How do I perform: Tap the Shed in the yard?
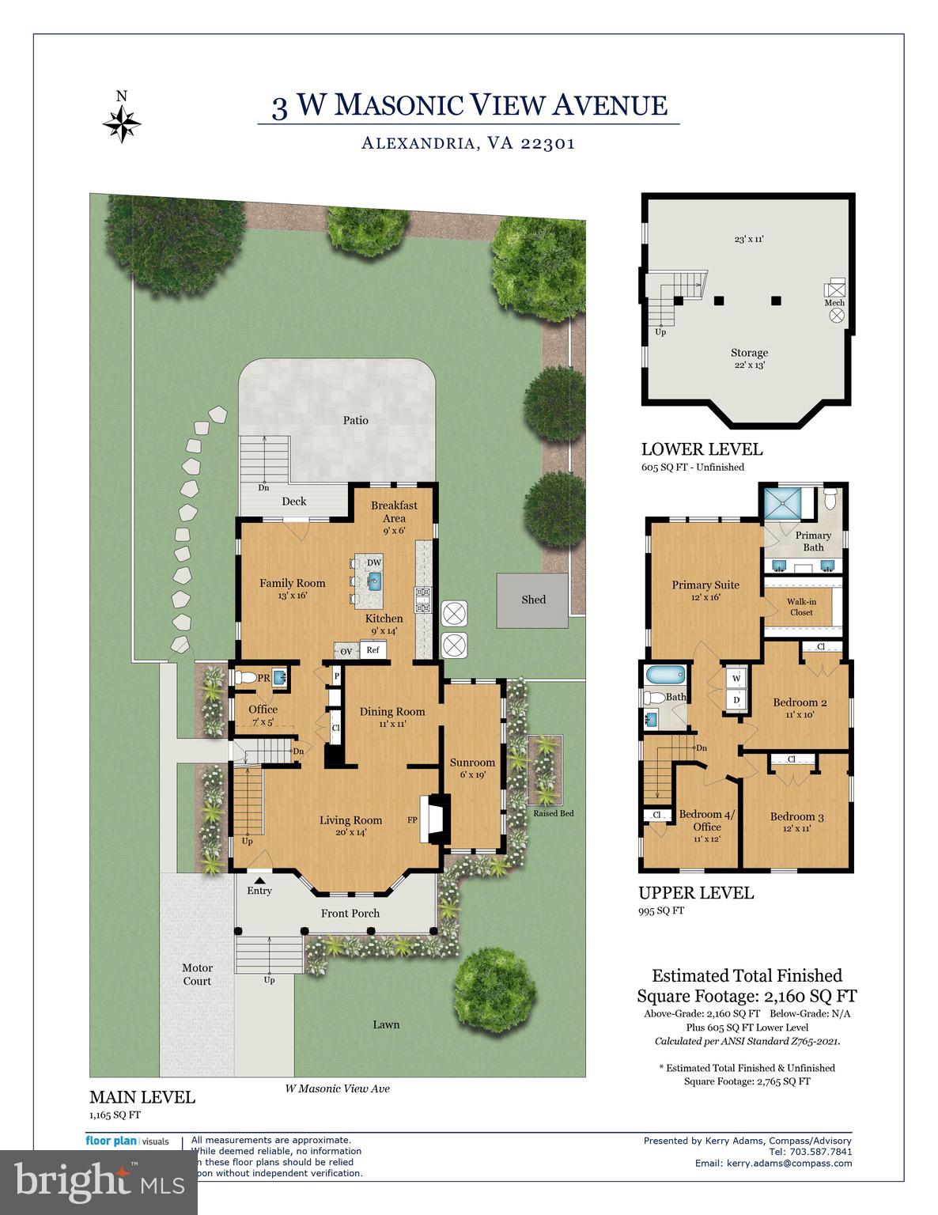pos(533,600)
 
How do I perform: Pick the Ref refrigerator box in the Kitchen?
pos(373,650)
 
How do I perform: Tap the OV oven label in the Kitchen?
pos(346,652)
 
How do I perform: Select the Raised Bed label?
pos(553,813)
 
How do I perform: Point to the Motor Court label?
pos(197,974)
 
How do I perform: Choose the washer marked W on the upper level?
pos(736,679)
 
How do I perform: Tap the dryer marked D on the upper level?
pos(736,700)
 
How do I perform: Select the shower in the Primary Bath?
pos(788,502)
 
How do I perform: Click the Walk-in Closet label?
pos(801,607)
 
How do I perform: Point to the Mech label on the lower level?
pos(834,302)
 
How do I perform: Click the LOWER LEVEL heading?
pos(702,449)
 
